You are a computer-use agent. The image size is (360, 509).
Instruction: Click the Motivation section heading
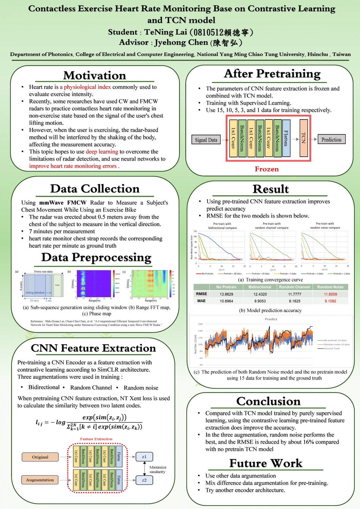coord(94,76)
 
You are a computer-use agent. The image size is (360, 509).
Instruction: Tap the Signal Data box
coord(206,140)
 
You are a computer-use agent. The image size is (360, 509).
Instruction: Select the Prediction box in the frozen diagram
coord(331,140)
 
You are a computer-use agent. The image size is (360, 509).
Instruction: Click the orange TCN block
coord(304,138)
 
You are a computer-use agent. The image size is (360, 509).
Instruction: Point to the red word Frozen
coord(266,169)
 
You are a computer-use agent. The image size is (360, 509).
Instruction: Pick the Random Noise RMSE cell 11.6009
coord(330,294)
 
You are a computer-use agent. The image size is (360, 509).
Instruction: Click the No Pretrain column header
coord(226,287)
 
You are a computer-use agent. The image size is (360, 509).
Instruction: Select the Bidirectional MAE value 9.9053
coord(260,301)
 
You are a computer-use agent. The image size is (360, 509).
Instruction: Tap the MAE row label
coord(201,301)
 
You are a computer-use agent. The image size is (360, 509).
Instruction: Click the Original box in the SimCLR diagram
coord(40,457)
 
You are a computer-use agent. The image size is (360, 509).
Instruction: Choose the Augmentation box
coord(40,480)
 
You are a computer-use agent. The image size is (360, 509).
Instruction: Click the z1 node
coord(144,457)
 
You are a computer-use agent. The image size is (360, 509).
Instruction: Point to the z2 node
coord(144,480)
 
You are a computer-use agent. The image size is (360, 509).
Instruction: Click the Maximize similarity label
coord(158,469)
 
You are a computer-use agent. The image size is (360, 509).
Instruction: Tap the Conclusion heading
coord(268,401)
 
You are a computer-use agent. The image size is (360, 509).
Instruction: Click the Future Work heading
coord(266,463)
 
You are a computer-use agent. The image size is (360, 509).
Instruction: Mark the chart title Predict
coord(271,319)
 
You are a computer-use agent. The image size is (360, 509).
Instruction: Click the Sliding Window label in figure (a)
coord(35,293)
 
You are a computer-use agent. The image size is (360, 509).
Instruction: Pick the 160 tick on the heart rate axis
coord(200,324)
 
